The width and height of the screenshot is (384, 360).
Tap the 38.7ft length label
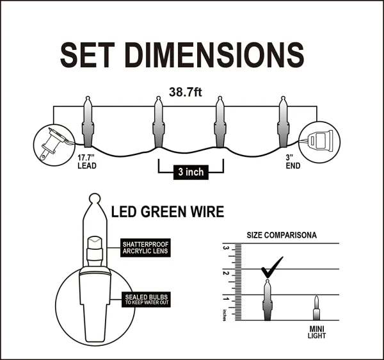[186, 92]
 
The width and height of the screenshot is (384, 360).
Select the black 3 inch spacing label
[190, 172]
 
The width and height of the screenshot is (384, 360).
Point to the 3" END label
[292, 160]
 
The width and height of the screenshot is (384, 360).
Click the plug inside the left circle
[51, 142]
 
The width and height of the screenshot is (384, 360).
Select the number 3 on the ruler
[225, 247]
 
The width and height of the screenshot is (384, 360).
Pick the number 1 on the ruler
[225, 299]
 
